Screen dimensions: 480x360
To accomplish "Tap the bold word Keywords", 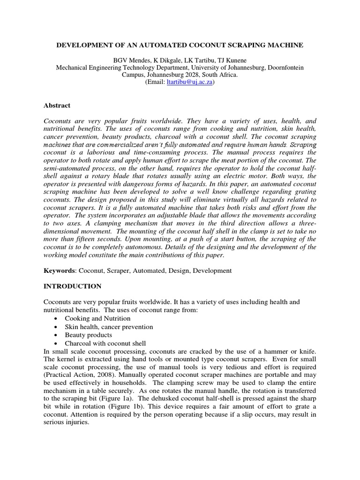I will tap(59, 270).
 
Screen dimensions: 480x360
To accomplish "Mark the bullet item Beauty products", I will tap(89, 335).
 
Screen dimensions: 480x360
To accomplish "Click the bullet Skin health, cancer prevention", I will tap(109, 327).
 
